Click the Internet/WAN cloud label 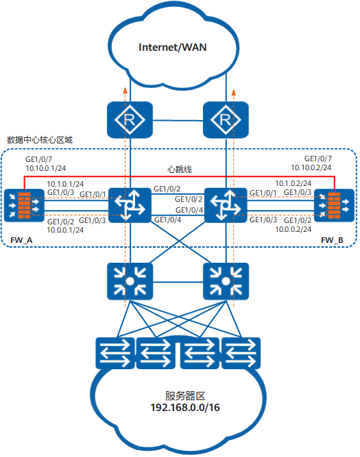pos(173,47)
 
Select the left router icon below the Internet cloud pos(128,121)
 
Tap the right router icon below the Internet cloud pos(224,121)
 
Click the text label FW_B pos(333,239)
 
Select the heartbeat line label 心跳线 pos(180,168)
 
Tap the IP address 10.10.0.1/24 pos(46,167)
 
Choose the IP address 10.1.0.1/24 pos(65,184)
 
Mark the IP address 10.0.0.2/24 pos(293,229)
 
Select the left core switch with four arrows pos(128,204)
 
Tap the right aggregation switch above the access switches pos(224,280)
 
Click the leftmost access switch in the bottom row pos(115,354)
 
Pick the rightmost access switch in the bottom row pos(241,354)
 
